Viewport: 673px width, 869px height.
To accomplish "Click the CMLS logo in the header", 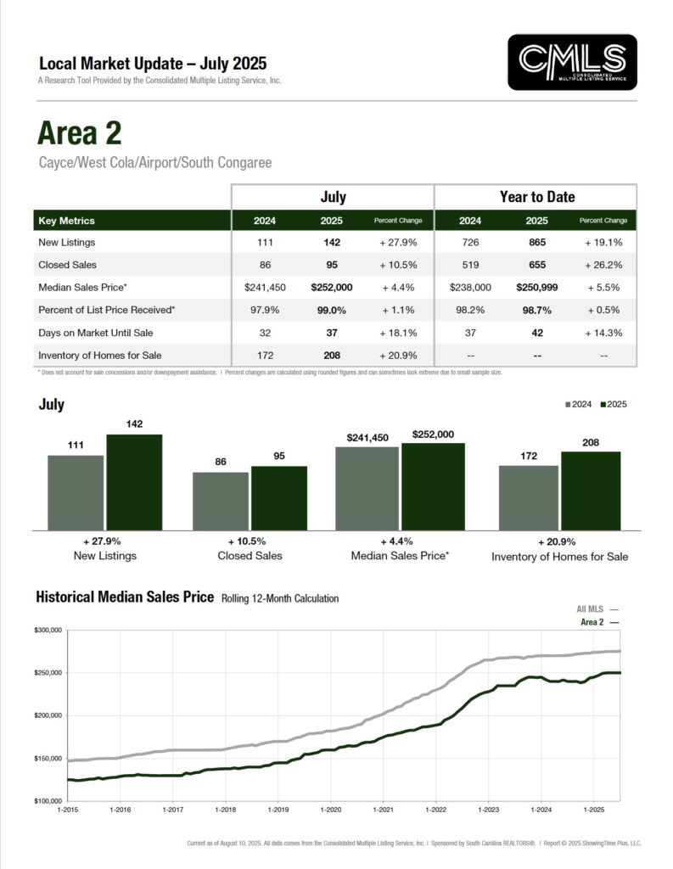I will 571,62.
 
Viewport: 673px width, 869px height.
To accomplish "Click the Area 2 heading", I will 79,133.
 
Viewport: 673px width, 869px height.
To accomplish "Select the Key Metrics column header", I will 66,221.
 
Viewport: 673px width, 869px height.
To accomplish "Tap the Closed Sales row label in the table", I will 69,265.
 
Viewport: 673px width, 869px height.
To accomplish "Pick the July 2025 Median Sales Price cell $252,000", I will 333,288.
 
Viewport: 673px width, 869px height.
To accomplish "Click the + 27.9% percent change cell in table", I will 397,243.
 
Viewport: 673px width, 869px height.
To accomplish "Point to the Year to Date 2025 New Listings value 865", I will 536,243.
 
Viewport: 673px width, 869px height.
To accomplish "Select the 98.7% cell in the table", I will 536,310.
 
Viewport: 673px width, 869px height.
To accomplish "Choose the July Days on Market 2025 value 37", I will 333,333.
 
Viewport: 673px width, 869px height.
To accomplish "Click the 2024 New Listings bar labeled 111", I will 76,492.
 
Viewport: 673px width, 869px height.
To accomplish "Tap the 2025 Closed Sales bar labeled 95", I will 278,497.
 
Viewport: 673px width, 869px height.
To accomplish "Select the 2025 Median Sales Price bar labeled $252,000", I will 433,486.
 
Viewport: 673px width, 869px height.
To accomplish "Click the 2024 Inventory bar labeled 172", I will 528,497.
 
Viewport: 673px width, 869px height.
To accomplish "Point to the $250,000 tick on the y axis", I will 48,673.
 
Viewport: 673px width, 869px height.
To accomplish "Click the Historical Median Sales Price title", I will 125,597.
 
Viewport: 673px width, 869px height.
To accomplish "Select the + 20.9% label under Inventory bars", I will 557,541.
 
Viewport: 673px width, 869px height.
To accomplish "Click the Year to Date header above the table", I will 536,197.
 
